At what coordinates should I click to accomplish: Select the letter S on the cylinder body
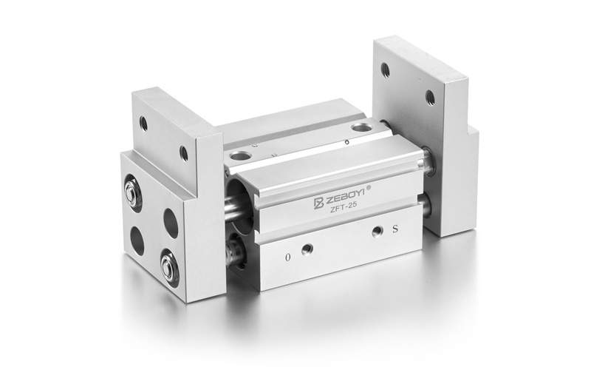(395, 229)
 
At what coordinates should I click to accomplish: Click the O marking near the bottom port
(288, 257)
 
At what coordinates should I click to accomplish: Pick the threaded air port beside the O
(307, 249)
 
